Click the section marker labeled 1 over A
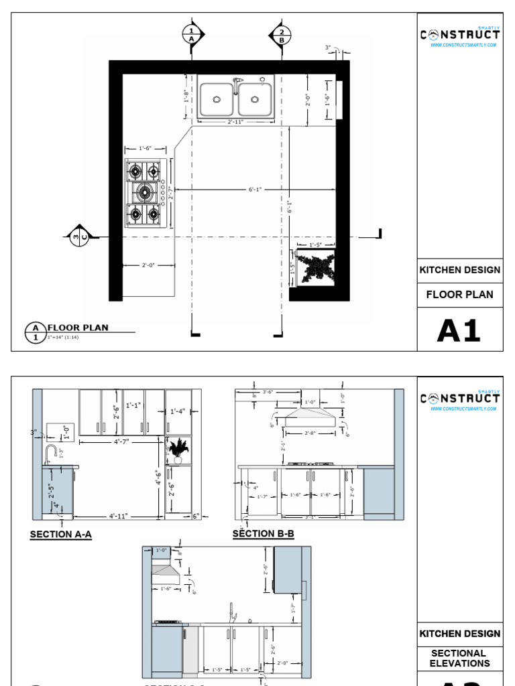coord(191,35)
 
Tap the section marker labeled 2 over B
coord(281,35)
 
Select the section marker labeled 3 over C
coord(80,236)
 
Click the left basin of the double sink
coord(217,98)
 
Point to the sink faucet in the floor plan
coord(236,84)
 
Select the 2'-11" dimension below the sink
coord(235,122)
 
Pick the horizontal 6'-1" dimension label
coord(255,190)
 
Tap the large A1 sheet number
coord(459,330)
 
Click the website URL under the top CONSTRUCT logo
coord(463,45)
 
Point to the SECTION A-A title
coord(60,535)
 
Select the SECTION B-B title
coord(263,534)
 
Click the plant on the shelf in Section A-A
coord(178,450)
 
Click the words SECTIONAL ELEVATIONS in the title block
coord(459,658)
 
